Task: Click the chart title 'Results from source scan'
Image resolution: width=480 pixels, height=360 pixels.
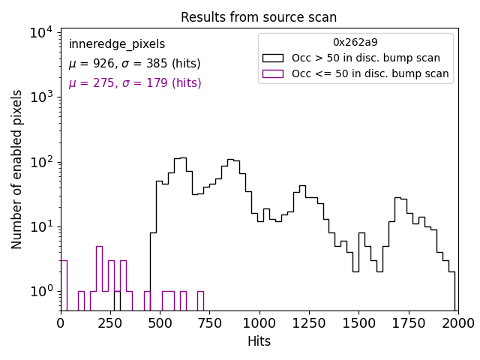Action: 259,17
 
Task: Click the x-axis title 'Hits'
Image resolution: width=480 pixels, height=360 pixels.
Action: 259,342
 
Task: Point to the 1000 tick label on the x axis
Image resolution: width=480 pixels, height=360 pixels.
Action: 259,323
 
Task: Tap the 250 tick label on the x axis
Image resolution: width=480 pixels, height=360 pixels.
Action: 110,323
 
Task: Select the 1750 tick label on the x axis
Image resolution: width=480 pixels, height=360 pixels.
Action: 408,323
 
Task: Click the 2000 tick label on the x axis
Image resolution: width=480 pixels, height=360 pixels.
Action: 457,323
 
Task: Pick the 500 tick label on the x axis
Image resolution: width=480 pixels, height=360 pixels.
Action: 160,323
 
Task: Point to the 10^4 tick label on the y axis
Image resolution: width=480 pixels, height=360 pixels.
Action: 40,32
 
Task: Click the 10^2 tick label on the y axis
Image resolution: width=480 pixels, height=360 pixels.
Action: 40,162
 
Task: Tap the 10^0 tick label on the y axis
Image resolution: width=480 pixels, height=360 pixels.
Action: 40,291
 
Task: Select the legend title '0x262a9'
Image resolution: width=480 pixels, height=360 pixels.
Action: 355,43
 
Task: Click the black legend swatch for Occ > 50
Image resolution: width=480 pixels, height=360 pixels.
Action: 273,58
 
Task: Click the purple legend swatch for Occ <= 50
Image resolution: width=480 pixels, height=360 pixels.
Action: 273,73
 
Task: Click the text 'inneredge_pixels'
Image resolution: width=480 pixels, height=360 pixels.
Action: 116,44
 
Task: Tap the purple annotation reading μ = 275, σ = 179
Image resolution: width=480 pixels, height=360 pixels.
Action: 135,83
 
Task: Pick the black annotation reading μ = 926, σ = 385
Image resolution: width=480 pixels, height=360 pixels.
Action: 134,64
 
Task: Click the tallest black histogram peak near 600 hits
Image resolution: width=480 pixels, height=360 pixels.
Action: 180,158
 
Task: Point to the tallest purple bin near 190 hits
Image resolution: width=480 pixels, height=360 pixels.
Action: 99,247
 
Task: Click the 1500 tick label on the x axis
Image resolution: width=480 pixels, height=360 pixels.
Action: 358,323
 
